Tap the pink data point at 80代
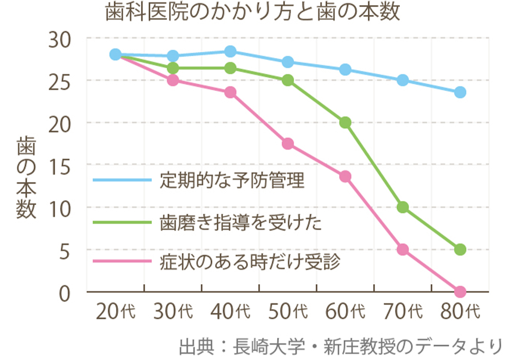[x=460, y=292]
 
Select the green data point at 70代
[x=403, y=207]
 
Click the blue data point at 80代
[x=460, y=92]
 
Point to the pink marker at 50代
[x=288, y=144]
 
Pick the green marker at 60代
[x=345, y=123]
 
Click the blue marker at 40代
[x=230, y=51]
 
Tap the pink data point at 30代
[x=173, y=80]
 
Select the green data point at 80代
[x=460, y=250]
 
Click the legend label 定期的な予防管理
[x=232, y=180]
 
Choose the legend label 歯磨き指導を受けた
[x=240, y=223]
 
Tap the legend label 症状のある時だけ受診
[x=250, y=262]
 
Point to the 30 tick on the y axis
[x=60, y=40]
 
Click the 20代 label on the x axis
[x=116, y=312]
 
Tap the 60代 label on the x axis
[x=345, y=312]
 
